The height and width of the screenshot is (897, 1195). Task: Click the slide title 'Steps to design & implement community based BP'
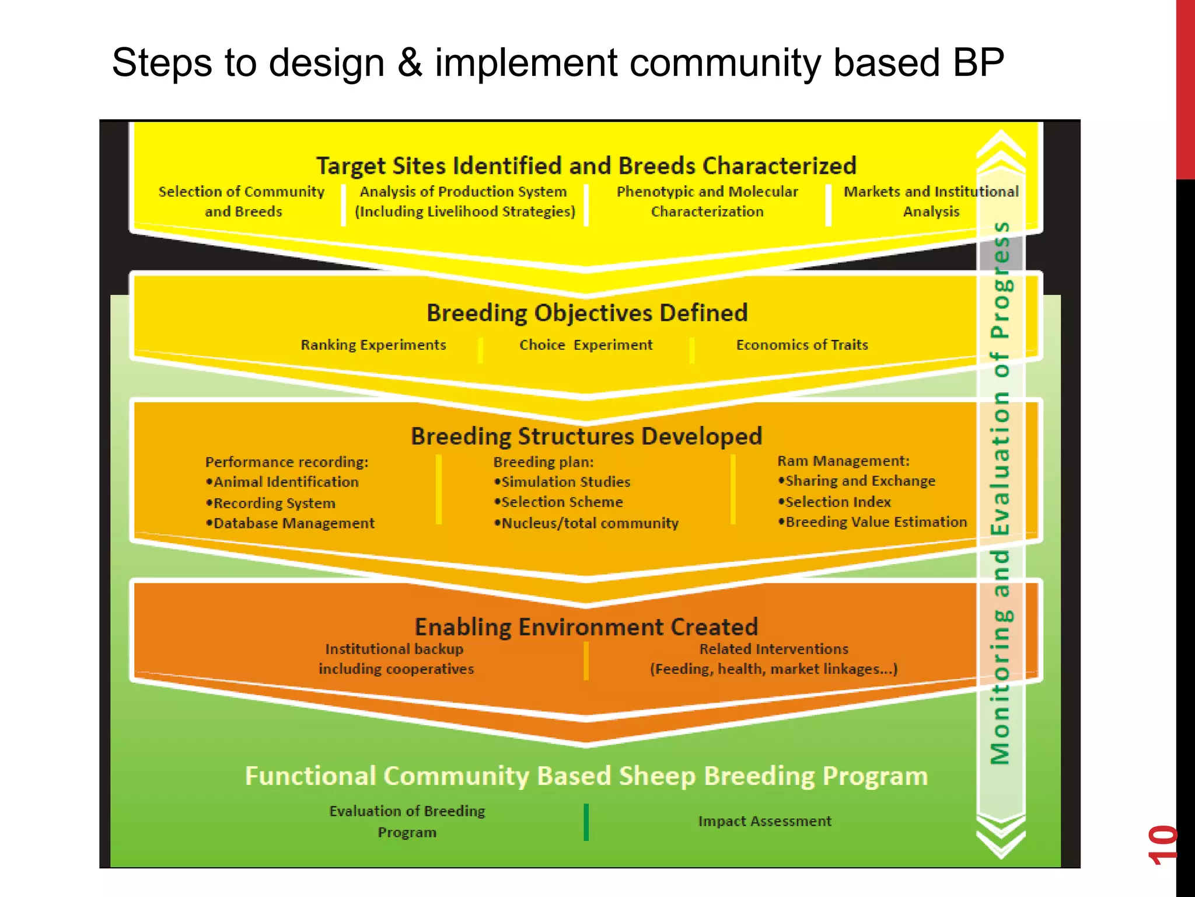click(x=557, y=63)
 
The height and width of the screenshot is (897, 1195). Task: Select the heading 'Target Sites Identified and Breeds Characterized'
click(x=586, y=166)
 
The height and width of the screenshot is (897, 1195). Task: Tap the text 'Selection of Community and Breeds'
click(x=242, y=201)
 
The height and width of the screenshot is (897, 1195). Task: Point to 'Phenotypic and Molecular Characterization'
click(x=707, y=201)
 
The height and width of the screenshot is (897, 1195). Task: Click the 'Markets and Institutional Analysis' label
click(x=931, y=201)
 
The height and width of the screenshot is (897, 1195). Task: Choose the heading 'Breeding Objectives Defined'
click(x=586, y=313)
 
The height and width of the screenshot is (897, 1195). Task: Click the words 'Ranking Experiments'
click(x=373, y=345)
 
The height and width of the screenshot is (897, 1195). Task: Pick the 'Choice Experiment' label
click(x=586, y=345)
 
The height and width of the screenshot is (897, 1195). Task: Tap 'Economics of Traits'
click(x=802, y=345)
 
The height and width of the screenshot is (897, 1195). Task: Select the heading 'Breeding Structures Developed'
click(x=586, y=436)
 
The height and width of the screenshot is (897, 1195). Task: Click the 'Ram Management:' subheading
click(x=843, y=461)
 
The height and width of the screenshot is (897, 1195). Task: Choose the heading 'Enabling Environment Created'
click(x=586, y=627)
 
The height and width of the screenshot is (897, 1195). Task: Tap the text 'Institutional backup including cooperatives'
click(x=396, y=659)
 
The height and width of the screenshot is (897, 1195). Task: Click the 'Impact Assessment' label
click(x=764, y=821)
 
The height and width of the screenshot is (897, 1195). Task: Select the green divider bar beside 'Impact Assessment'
click(x=586, y=822)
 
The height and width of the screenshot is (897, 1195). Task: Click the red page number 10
click(x=1162, y=844)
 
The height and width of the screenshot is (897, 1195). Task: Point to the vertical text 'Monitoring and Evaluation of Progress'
click(x=1000, y=493)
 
